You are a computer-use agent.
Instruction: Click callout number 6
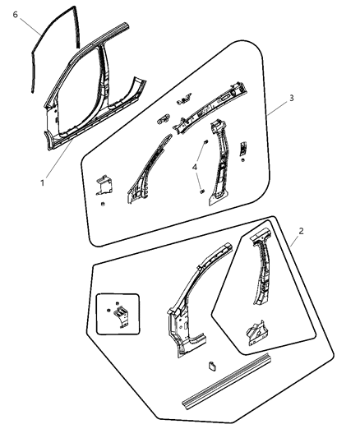coord(16,14)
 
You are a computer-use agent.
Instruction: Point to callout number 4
coord(194,168)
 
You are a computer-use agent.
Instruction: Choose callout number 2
coord(301,231)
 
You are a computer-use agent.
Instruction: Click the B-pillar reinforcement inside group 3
coord(219,164)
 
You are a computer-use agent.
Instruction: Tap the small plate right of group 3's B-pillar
coord(243,149)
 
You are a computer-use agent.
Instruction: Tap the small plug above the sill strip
coord(210,365)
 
